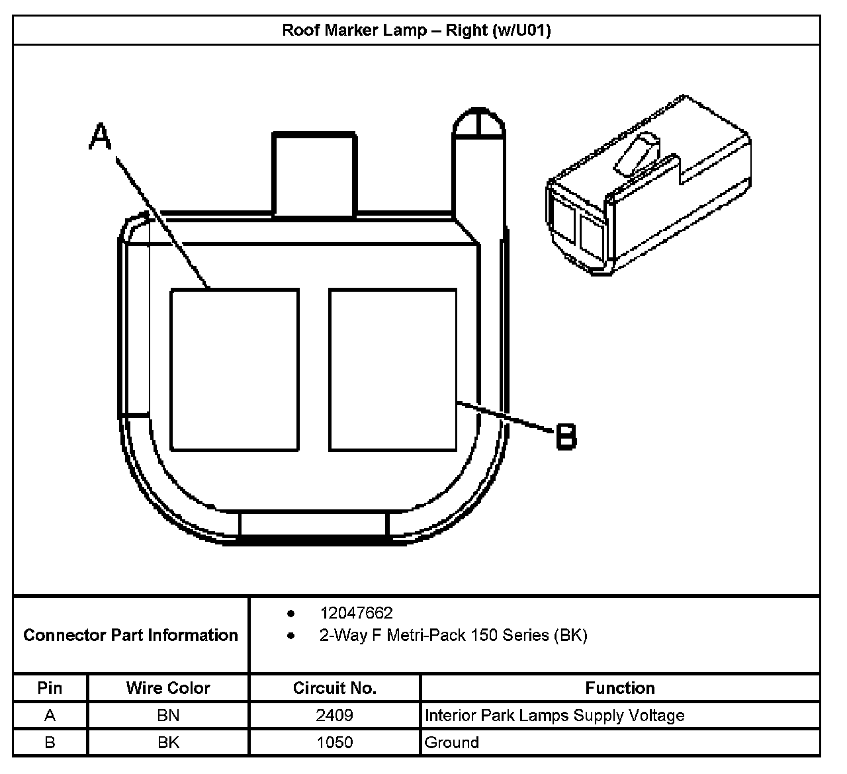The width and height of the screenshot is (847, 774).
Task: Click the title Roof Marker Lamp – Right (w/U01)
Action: point(416,30)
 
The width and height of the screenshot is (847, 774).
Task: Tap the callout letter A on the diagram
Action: point(101,137)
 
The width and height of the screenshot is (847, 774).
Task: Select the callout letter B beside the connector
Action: point(565,437)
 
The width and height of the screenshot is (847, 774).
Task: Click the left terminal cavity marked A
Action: point(234,369)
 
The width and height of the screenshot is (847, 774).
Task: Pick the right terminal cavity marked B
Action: point(392,369)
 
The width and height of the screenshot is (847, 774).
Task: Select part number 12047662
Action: point(356,613)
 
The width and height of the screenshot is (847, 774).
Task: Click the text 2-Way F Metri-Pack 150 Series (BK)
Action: point(453,636)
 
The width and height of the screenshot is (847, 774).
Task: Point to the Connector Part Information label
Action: point(130,635)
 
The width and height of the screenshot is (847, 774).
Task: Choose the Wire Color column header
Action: point(168,688)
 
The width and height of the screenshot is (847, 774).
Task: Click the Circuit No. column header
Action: point(334,688)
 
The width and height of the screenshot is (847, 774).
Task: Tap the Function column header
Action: point(620,688)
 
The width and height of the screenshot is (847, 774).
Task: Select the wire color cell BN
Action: point(168,715)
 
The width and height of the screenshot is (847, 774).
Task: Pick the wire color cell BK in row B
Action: point(168,742)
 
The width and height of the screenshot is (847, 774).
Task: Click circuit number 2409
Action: point(334,715)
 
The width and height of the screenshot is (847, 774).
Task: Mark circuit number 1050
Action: point(334,742)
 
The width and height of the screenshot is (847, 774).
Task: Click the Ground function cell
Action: point(452,742)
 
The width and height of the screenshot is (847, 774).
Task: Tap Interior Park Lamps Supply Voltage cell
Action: point(555,715)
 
